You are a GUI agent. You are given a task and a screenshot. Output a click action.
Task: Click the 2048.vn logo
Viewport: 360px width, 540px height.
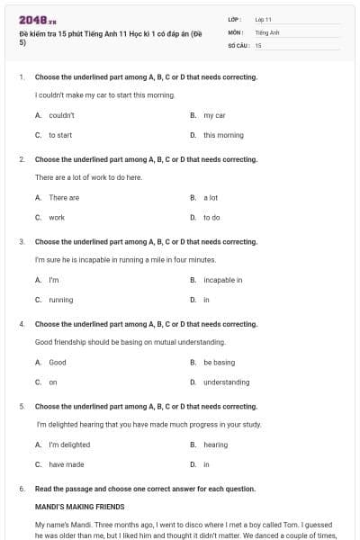tap(38, 19)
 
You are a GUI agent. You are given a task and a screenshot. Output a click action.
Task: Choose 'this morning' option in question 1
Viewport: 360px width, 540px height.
tap(223, 135)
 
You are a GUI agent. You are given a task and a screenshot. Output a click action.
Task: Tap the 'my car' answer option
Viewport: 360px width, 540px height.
tap(214, 115)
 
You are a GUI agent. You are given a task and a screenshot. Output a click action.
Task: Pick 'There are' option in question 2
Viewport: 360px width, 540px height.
tap(64, 197)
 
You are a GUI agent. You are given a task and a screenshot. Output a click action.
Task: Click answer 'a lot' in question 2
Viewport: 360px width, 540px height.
tap(211, 197)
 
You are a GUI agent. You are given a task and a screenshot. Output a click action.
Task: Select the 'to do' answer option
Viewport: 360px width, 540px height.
tap(211, 217)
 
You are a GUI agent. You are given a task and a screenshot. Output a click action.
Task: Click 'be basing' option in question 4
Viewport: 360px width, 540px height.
tap(219, 362)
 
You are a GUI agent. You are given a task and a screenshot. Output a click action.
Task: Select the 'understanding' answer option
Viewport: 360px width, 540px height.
tap(226, 382)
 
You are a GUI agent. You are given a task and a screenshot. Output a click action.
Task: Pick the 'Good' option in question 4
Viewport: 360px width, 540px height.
tap(58, 362)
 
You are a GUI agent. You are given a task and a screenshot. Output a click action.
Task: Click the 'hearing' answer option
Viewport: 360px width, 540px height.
tap(215, 444)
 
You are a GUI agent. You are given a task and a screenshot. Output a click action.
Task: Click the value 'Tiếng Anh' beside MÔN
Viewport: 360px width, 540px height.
tap(267, 31)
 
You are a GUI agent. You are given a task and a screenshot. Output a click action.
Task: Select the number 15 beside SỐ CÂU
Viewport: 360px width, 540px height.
tap(258, 45)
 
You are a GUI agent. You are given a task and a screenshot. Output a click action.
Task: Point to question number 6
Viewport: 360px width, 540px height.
tap(22, 489)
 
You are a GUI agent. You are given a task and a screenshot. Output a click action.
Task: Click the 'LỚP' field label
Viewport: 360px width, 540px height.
tap(235, 19)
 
